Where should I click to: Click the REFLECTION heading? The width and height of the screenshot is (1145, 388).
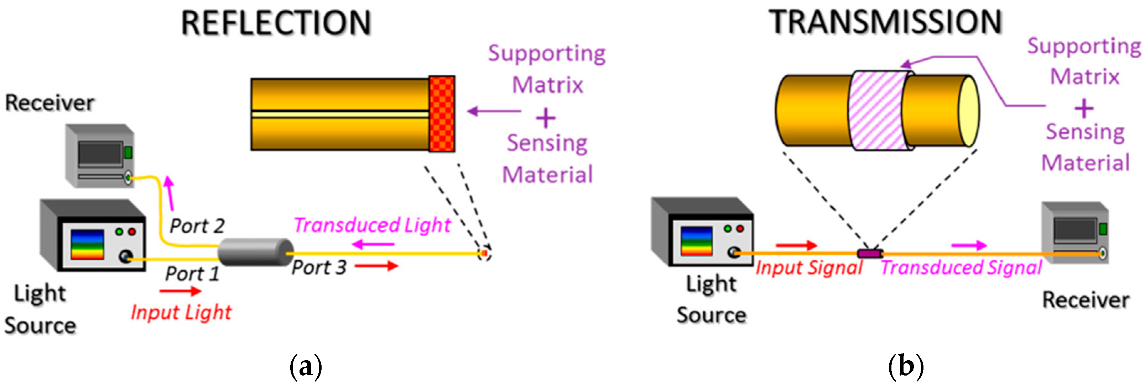click(x=276, y=23)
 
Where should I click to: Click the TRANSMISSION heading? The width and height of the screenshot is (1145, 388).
click(x=885, y=22)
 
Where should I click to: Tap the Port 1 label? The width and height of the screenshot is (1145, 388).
click(x=192, y=273)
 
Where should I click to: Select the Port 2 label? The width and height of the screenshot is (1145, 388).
click(x=197, y=226)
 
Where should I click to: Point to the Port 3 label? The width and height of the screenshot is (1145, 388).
click(x=319, y=267)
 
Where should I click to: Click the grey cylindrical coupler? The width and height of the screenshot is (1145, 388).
click(x=255, y=252)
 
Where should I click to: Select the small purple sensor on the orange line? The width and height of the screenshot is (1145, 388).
click(x=870, y=254)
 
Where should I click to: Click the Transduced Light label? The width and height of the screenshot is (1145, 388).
click(x=372, y=225)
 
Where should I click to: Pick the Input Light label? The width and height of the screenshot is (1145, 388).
click(x=181, y=312)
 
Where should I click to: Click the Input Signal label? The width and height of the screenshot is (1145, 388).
click(x=809, y=268)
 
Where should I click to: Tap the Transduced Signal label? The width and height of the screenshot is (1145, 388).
click(x=961, y=268)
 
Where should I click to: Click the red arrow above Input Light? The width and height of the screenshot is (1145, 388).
click(x=180, y=291)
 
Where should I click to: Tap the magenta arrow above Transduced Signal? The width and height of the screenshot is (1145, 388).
click(x=969, y=245)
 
